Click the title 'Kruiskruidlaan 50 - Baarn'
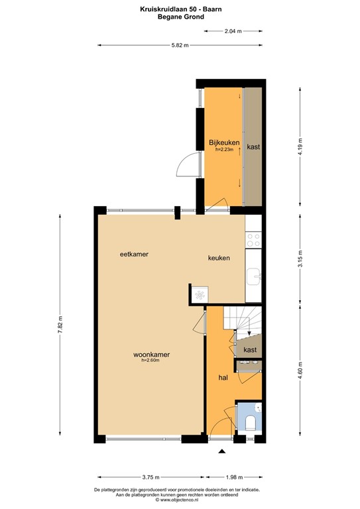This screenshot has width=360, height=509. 180,9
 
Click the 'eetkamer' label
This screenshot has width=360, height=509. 133,254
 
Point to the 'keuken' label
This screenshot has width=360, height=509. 219,258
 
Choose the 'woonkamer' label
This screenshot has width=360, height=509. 151,355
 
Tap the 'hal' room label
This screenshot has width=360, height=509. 224,378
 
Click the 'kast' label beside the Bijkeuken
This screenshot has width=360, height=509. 253,146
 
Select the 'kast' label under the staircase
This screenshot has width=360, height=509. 250,349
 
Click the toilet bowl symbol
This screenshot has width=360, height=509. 251,422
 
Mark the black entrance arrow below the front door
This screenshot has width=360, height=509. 222,452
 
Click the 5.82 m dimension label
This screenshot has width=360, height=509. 180,45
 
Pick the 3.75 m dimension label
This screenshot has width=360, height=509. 151,477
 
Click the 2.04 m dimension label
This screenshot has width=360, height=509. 233,31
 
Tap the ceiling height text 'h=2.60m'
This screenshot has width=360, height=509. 151,361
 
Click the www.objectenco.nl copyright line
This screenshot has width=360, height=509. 180,500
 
